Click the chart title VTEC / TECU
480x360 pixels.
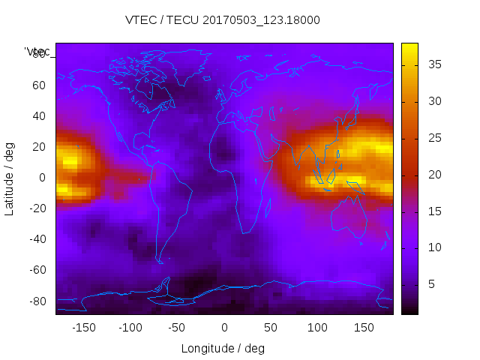pos(223,20)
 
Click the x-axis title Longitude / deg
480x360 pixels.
pos(223,349)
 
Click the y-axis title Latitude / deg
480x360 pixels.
pos(10,178)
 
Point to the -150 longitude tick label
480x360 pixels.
pos(84,328)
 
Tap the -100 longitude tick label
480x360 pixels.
pos(130,328)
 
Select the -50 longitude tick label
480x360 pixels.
pos(178,328)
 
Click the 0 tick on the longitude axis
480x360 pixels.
pos(224,328)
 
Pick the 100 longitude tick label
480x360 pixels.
pos(317,328)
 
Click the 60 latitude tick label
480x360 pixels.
pos(39,85)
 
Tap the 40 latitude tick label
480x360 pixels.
pos(39,116)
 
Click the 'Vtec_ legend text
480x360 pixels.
pos(37,52)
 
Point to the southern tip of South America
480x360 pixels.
pos(160,262)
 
